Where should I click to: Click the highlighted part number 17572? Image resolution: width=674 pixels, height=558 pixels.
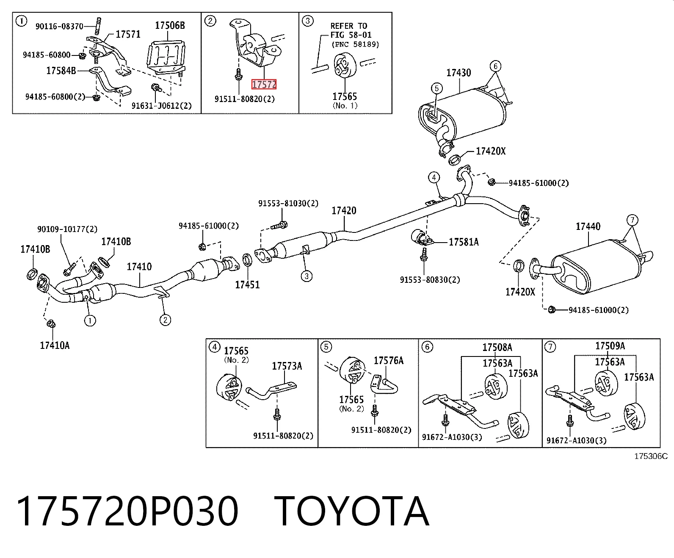(264, 85)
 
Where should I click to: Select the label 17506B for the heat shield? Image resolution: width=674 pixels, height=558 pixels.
(170, 25)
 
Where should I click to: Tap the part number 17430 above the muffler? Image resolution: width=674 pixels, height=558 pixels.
(459, 73)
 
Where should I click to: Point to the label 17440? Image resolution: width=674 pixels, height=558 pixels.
(588, 227)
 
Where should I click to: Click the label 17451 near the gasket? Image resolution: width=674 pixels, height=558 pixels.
(247, 285)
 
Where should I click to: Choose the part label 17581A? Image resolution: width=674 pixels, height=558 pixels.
(464, 242)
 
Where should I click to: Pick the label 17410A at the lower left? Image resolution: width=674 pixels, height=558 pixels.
(55, 345)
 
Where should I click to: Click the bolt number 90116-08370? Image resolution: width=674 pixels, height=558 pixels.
(59, 26)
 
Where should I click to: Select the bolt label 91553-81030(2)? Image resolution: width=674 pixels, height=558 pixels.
(288, 204)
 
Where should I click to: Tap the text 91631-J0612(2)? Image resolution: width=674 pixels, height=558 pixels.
(161, 105)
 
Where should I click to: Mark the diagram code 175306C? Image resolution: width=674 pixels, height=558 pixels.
(651, 456)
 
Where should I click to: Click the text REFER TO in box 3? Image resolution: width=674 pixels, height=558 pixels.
(348, 26)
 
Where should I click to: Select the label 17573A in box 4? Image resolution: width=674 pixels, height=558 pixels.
(287, 366)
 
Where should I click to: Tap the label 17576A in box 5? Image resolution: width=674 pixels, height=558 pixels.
(389, 360)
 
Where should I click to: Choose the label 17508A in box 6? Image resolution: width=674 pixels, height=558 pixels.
(497, 348)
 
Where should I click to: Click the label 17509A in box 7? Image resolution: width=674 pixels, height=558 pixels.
(610, 346)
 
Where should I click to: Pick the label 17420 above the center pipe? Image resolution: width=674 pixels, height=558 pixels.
(344, 210)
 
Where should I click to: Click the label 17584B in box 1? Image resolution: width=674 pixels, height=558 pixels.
(61, 71)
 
